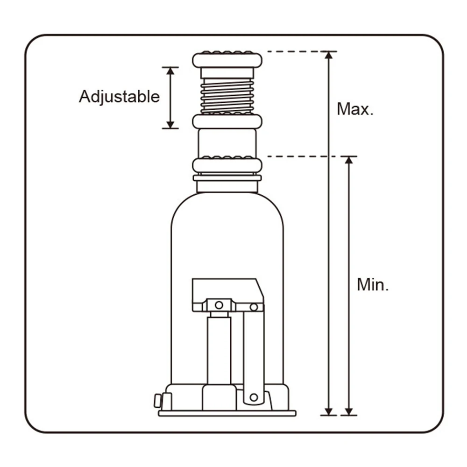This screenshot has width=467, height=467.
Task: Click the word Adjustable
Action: click(x=119, y=97)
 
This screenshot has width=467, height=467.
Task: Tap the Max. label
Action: click(x=355, y=109)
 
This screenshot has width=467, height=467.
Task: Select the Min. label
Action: click(x=373, y=284)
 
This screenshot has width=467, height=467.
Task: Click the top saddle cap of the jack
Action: click(x=227, y=60)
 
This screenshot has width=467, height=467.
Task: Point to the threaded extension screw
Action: click(x=227, y=96)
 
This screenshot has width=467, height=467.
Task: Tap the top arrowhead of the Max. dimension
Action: click(x=329, y=55)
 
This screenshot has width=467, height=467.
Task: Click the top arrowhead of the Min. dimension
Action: click(x=348, y=160)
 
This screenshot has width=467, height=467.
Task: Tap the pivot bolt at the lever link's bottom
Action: click(x=254, y=397)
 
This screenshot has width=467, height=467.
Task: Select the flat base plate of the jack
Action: click(x=227, y=413)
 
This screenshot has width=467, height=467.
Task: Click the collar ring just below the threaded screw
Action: click(x=227, y=121)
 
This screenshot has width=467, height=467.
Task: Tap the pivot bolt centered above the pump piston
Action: click(x=219, y=306)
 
